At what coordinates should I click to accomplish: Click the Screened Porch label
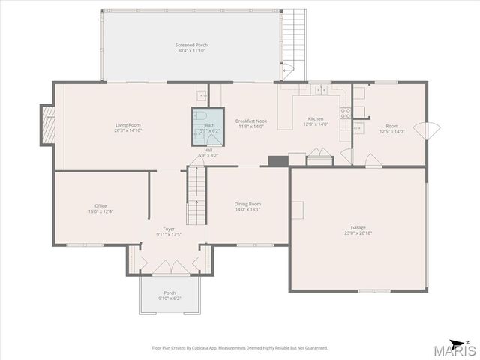[x=192, y=46]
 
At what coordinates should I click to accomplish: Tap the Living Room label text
[x=127, y=125]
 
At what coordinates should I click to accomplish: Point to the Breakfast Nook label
[x=251, y=121]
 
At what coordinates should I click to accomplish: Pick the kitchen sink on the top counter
[x=321, y=89]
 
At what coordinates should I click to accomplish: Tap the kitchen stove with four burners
[x=346, y=113]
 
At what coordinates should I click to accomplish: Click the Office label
[x=100, y=206]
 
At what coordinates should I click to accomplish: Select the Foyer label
[x=169, y=229]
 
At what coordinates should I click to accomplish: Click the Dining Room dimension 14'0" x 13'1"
[x=247, y=209]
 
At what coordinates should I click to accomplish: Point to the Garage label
[x=358, y=227]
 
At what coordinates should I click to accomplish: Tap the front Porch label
[x=169, y=293]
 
